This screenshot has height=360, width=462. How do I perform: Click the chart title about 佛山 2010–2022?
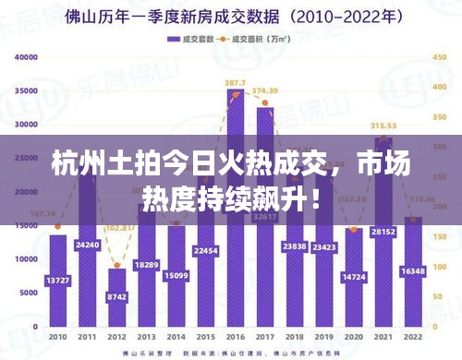231,16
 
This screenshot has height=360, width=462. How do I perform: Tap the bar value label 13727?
58,280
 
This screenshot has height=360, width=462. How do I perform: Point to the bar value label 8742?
116,297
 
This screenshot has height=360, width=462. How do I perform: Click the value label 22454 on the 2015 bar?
205,251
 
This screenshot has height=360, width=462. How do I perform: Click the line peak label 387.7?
235,83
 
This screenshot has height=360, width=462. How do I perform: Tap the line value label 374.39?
265,90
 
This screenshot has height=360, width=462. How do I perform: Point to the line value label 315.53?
383,126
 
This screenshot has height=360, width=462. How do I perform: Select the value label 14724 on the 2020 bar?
353,277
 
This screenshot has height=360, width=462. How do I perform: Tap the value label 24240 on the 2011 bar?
87,245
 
